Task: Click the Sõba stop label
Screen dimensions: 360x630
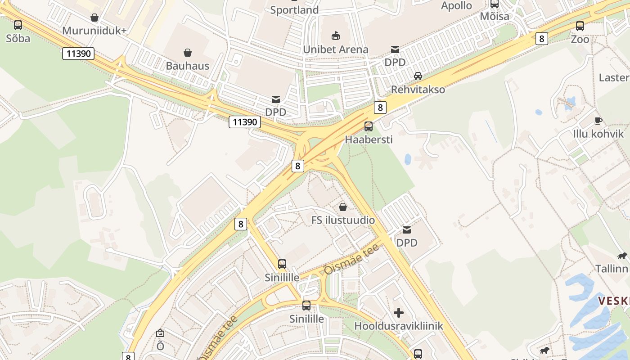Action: point(18,38)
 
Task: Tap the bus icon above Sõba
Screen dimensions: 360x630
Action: point(18,25)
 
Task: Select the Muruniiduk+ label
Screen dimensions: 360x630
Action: point(94,31)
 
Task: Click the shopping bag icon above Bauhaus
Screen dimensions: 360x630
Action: point(188,53)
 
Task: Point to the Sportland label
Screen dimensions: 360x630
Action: point(294,10)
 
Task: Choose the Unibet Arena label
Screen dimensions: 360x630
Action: point(336,49)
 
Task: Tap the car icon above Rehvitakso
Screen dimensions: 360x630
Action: point(418,76)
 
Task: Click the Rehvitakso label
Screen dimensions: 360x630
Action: point(418,89)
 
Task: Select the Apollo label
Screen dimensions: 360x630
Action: point(456,6)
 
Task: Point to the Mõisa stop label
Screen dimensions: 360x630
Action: point(495,17)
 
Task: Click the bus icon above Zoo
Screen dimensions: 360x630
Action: point(580,26)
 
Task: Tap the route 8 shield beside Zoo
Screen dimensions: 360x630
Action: point(541,39)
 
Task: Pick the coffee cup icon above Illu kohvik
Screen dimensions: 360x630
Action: point(598,121)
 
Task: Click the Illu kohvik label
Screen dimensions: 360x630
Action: point(598,134)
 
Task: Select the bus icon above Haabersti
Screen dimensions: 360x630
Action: point(369,126)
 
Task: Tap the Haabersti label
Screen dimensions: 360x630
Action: point(369,139)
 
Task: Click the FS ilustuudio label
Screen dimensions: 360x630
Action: point(343,220)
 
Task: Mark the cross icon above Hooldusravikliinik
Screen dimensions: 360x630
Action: point(399,313)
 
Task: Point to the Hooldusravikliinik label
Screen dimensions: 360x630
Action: point(399,326)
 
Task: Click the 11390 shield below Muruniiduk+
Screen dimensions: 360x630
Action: point(79,54)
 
